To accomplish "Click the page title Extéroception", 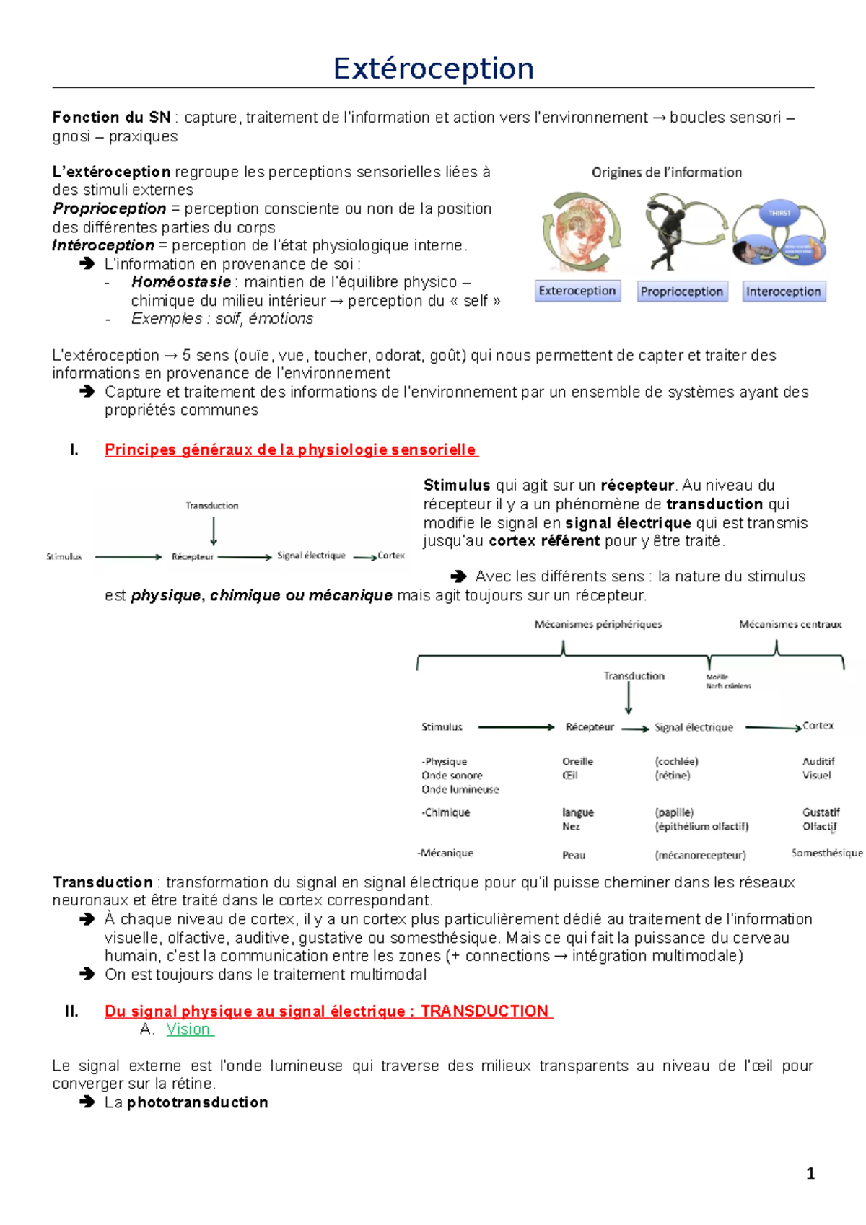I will (433, 69).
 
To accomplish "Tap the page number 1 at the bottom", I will (810, 1173).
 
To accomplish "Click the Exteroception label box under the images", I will (577, 291).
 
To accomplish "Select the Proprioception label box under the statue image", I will (682, 291).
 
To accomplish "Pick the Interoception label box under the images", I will (783, 291).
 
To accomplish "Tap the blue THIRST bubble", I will (779, 213).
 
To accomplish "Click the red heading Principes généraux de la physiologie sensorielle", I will (291, 449).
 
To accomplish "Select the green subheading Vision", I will (188, 1029).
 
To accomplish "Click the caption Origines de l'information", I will (666, 172).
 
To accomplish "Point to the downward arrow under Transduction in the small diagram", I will (214, 532).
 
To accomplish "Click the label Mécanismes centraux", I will (790, 625).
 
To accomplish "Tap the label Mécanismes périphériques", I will (598, 625).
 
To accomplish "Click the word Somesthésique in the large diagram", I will (826, 853).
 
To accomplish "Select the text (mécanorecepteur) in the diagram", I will (700, 855).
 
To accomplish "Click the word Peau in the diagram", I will (574, 855).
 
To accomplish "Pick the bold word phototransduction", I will (197, 1102).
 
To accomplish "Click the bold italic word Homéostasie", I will (181, 282).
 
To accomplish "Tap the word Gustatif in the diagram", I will (821, 812).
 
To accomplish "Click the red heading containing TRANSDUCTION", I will (328, 1011).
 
